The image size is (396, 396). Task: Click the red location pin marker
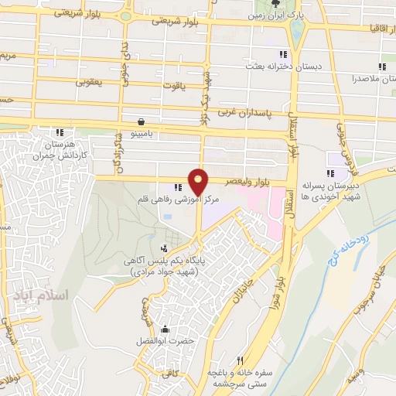200,181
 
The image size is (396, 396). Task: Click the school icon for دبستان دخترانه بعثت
283,54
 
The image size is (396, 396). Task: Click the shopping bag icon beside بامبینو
141,121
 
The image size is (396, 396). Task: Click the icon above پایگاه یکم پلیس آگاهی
164,248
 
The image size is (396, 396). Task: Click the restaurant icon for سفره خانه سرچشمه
240,360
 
